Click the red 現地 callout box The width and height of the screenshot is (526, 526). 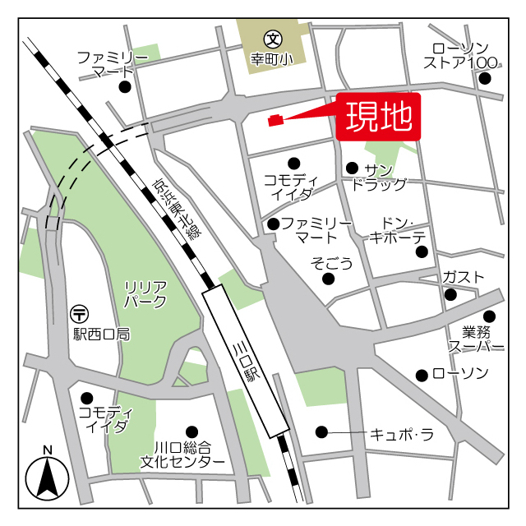coord(378,117)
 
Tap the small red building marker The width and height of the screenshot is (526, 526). coord(276,121)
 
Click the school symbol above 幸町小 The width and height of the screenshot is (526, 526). coord(272,38)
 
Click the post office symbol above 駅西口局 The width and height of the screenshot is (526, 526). coord(80,313)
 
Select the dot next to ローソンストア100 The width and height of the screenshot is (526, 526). coord(485,79)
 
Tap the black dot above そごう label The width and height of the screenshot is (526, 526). coord(328,279)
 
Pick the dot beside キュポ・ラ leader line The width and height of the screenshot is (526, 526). coord(321,431)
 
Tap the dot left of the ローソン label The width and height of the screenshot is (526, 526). coord(422,375)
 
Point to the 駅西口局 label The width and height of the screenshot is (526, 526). coord(101,335)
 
